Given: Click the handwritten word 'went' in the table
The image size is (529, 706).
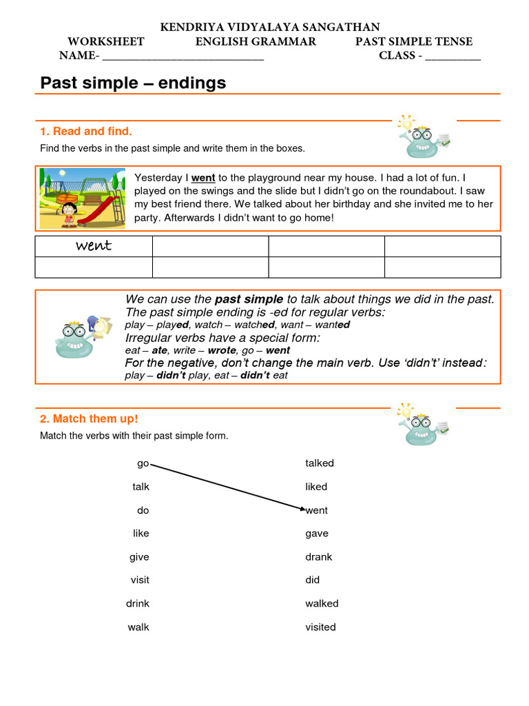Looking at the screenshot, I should coord(94,246).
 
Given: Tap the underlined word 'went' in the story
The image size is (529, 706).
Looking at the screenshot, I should coord(203,178).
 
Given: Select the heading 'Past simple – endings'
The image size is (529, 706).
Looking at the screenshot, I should coord(133,83).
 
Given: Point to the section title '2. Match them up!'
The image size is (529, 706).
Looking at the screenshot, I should coord(89,418).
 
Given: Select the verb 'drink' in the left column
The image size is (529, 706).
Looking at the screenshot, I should coord(137,603).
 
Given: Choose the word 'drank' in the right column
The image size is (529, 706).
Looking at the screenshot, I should coord(318,556).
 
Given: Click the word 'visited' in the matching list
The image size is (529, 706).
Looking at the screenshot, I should coord(320,627).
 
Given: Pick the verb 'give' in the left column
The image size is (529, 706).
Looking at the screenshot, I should coord(139,556).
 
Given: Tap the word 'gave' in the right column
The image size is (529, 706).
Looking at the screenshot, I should coord(317,533).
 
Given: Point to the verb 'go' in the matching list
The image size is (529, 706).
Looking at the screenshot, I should coord(143,463).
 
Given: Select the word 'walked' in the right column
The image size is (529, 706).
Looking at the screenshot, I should coord(322,603).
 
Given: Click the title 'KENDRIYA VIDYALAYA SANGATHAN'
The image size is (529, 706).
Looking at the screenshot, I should coord(270,27).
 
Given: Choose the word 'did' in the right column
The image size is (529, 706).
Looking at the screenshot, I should coord(313,580).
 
